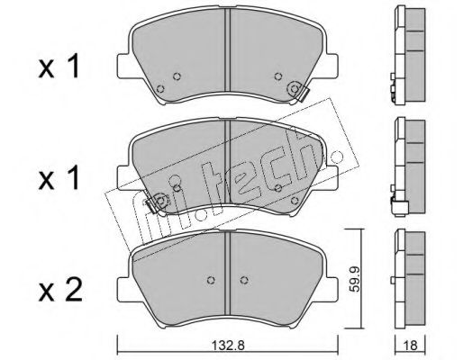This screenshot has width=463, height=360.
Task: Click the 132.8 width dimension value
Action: click(x=228, y=346)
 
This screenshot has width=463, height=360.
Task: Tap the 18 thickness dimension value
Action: click(x=411, y=346)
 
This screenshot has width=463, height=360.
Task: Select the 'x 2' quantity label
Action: click(x=60, y=290)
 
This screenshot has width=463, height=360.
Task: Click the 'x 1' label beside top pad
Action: click(x=59, y=66)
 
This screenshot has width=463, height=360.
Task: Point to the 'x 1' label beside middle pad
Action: click(x=59, y=178)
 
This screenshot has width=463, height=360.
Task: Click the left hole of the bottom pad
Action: click(x=212, y=280)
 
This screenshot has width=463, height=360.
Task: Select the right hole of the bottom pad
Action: click(x=245, y=280)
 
